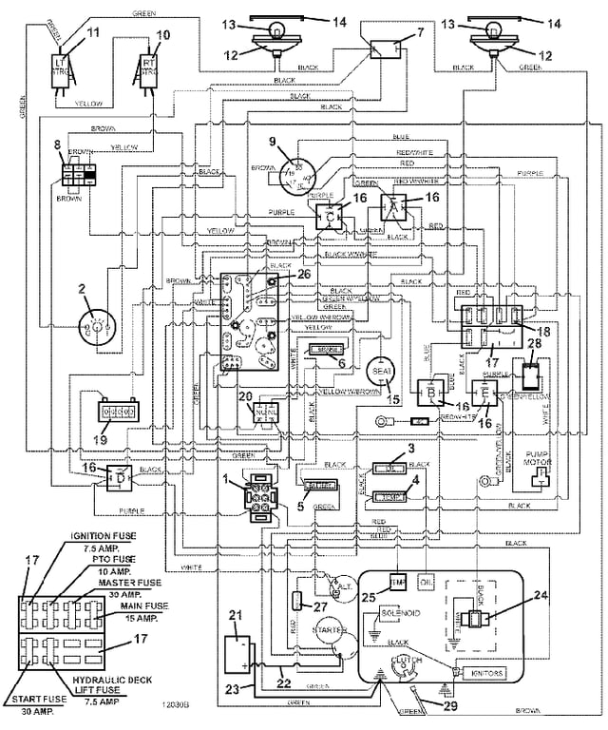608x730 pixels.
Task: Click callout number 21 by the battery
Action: point(235,614)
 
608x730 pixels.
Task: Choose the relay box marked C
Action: point(331,218)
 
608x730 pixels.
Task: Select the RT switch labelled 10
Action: point(149,69)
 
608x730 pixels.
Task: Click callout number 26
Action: point(303,275)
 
